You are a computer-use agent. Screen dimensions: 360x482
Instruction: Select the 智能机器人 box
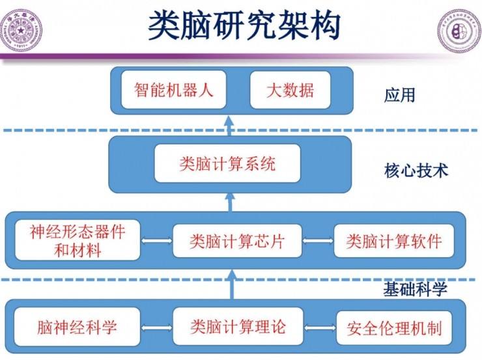174,90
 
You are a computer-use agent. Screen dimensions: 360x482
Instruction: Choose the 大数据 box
290,90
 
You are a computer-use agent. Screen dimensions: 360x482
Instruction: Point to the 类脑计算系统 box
227,163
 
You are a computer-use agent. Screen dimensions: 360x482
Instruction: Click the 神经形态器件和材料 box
77,240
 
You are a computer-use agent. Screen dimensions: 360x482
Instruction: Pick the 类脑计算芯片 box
237,241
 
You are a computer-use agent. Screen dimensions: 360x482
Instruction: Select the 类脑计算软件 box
393,241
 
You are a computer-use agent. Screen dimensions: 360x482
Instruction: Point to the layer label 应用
399,96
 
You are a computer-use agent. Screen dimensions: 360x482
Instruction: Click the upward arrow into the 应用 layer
229,125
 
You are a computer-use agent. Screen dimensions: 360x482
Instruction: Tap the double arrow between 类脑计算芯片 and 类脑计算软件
318,242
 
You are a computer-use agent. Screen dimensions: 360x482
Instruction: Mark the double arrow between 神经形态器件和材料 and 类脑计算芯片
157,242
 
